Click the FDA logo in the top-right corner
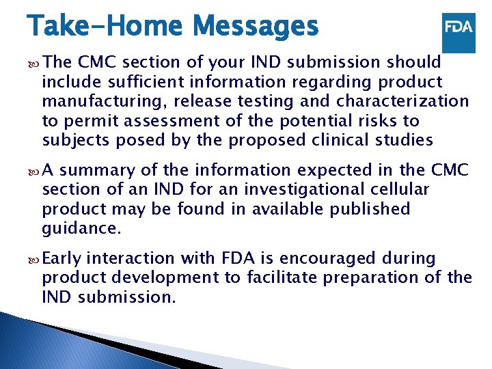(459, 29)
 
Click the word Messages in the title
(256, 27)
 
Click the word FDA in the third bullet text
(236, 258)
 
